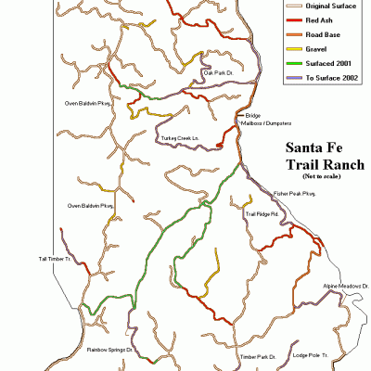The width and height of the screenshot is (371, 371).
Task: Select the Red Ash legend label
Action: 316,19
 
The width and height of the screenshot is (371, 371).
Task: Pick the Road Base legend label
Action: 320,33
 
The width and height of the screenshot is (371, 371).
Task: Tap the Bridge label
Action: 253,116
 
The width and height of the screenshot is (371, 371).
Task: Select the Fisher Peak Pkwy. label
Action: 295,194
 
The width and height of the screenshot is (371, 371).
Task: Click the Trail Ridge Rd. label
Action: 262,214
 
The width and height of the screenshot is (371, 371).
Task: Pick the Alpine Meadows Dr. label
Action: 346,288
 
